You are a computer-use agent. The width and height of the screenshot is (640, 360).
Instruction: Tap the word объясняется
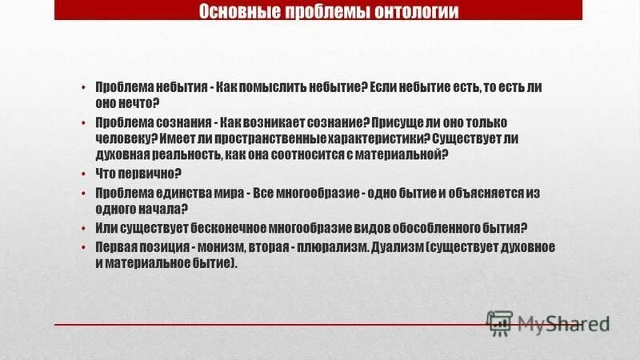[494, 192]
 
